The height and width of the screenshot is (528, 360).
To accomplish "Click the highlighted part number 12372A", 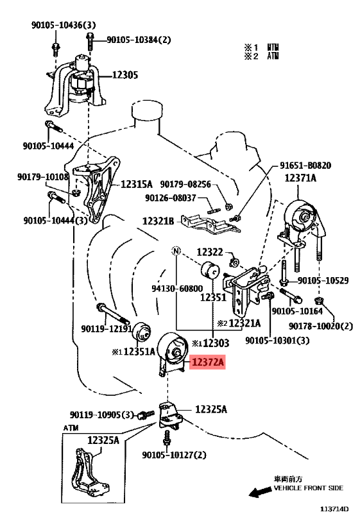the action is click(x=207, y=362).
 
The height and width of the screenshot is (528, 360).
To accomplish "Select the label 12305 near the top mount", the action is click(x=125, y=75).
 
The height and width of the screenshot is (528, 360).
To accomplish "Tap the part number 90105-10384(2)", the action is click(x=139, y=40).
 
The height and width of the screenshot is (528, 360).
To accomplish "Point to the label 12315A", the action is click(x=137, y=184).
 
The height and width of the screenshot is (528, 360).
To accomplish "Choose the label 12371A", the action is click(x=300, y=178).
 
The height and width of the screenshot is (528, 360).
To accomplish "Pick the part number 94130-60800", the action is click(x=177, y=289).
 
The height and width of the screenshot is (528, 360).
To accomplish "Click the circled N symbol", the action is click(x=176, y=251).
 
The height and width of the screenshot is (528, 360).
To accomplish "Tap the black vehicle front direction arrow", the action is click(x=261, y=493).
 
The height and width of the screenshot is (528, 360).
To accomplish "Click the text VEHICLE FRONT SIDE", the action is click(x=309, y=488).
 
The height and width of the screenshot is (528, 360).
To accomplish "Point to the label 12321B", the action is click(x=159, y=221).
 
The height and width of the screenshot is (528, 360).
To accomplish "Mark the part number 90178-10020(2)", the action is click(x=321, y=326).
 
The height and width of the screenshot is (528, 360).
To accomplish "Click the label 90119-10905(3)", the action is click(x=101, y=414).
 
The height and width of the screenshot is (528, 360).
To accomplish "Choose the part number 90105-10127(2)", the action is click(x=174, y=455).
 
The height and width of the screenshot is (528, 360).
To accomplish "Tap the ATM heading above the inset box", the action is click(x=71, y=428).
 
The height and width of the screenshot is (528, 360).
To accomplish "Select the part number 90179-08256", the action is click(x=185, y=184).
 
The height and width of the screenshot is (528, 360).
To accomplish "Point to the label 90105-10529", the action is click(x=323, y=280).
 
